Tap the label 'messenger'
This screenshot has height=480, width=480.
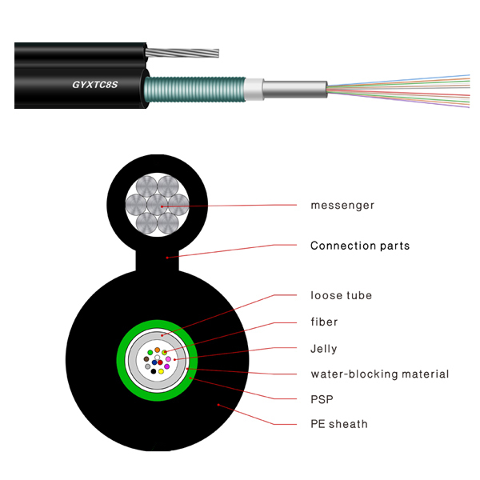(x=342, y=206)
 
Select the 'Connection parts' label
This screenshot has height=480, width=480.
(x=360, y=246)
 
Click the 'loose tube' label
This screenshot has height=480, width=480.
(x=341, y=296)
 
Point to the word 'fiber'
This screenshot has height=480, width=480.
(x=324, y=322)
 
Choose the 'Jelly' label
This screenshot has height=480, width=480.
(x=323, y=349)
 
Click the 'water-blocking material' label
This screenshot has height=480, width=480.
(x=379, y=374)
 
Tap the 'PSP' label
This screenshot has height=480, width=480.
(x=322, y=398)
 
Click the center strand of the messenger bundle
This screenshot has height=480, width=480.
(x=157, y=205)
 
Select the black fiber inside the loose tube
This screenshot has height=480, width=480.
(x=154, y=371)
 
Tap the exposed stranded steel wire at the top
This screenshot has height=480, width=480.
(x=192, y=53)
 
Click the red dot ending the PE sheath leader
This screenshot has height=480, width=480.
(x=218, y=406)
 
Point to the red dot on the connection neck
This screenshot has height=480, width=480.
(x=166, y=258)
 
